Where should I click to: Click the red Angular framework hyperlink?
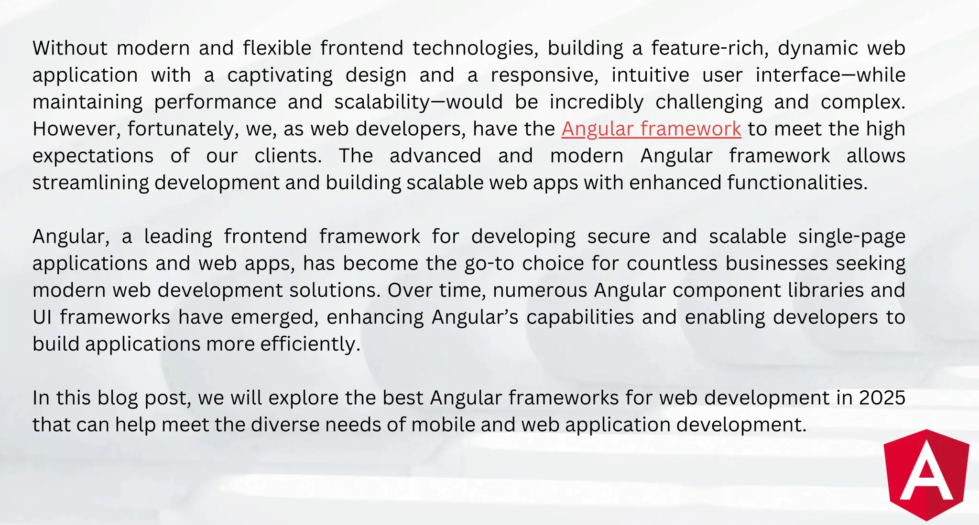tap(651, 129)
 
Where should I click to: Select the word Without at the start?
tap(70, 48)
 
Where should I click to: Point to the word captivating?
tap(280, 75)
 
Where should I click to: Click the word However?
tap(76, 129)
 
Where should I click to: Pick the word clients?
tap(288, 156)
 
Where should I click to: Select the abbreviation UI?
tap(42, 318)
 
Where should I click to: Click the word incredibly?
tap(597, 102)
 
